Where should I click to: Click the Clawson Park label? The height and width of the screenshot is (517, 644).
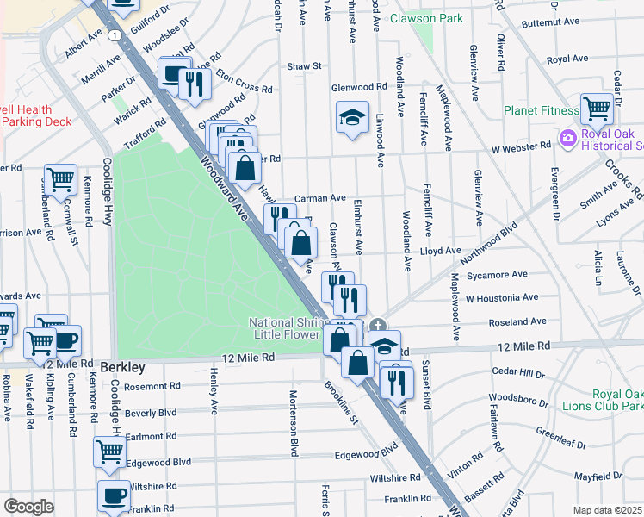click(426, 18)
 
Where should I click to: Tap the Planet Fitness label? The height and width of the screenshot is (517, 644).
click(541, 110)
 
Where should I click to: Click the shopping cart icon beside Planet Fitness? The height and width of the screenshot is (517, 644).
click(597, 109)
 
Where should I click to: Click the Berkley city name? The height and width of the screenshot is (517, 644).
click(121, 367)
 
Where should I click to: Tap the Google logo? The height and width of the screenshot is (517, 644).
click(28, 506)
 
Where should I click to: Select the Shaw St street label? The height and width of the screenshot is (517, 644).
click(304, 65)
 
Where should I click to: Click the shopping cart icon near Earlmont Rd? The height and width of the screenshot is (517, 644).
click(109, 452)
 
